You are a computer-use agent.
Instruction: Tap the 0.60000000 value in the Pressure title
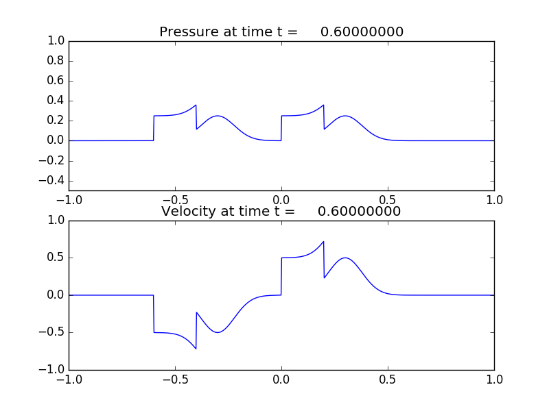[362, 32]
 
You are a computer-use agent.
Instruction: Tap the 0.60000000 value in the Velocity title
[360, 212]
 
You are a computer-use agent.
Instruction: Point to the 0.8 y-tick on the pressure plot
[56, 61]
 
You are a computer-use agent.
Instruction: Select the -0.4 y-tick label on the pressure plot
[53, 181]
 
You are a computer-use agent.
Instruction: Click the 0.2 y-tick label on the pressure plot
[56, 121]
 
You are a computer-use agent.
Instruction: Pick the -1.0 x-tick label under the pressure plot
[69, 201]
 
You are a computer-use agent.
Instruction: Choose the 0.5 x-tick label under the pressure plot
[388, 201]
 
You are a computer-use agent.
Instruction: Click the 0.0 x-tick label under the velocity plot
[281, 381]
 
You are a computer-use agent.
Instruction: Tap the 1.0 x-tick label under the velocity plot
[494, 381]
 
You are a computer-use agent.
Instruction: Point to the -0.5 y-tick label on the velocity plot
[53, 333]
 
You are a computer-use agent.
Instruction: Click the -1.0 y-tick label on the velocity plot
[53, 370]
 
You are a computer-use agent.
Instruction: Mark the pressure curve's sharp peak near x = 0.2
[323, 105]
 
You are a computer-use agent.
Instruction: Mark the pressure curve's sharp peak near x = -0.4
[196, 105]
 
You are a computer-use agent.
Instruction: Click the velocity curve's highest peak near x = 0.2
[323, 241]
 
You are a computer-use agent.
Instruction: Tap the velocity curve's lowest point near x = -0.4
[196, 349]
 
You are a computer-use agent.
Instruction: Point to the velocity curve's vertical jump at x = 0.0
[281, 276]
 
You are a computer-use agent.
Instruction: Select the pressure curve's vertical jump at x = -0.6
[154, 128]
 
